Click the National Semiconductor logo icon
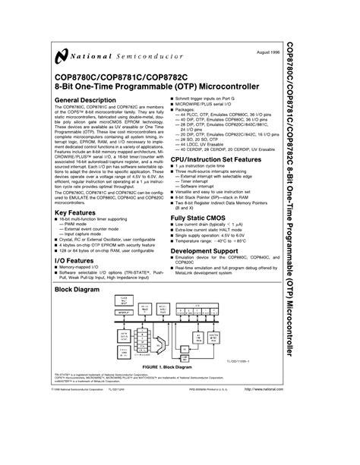coord(59,55)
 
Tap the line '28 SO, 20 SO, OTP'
coord(210,161)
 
